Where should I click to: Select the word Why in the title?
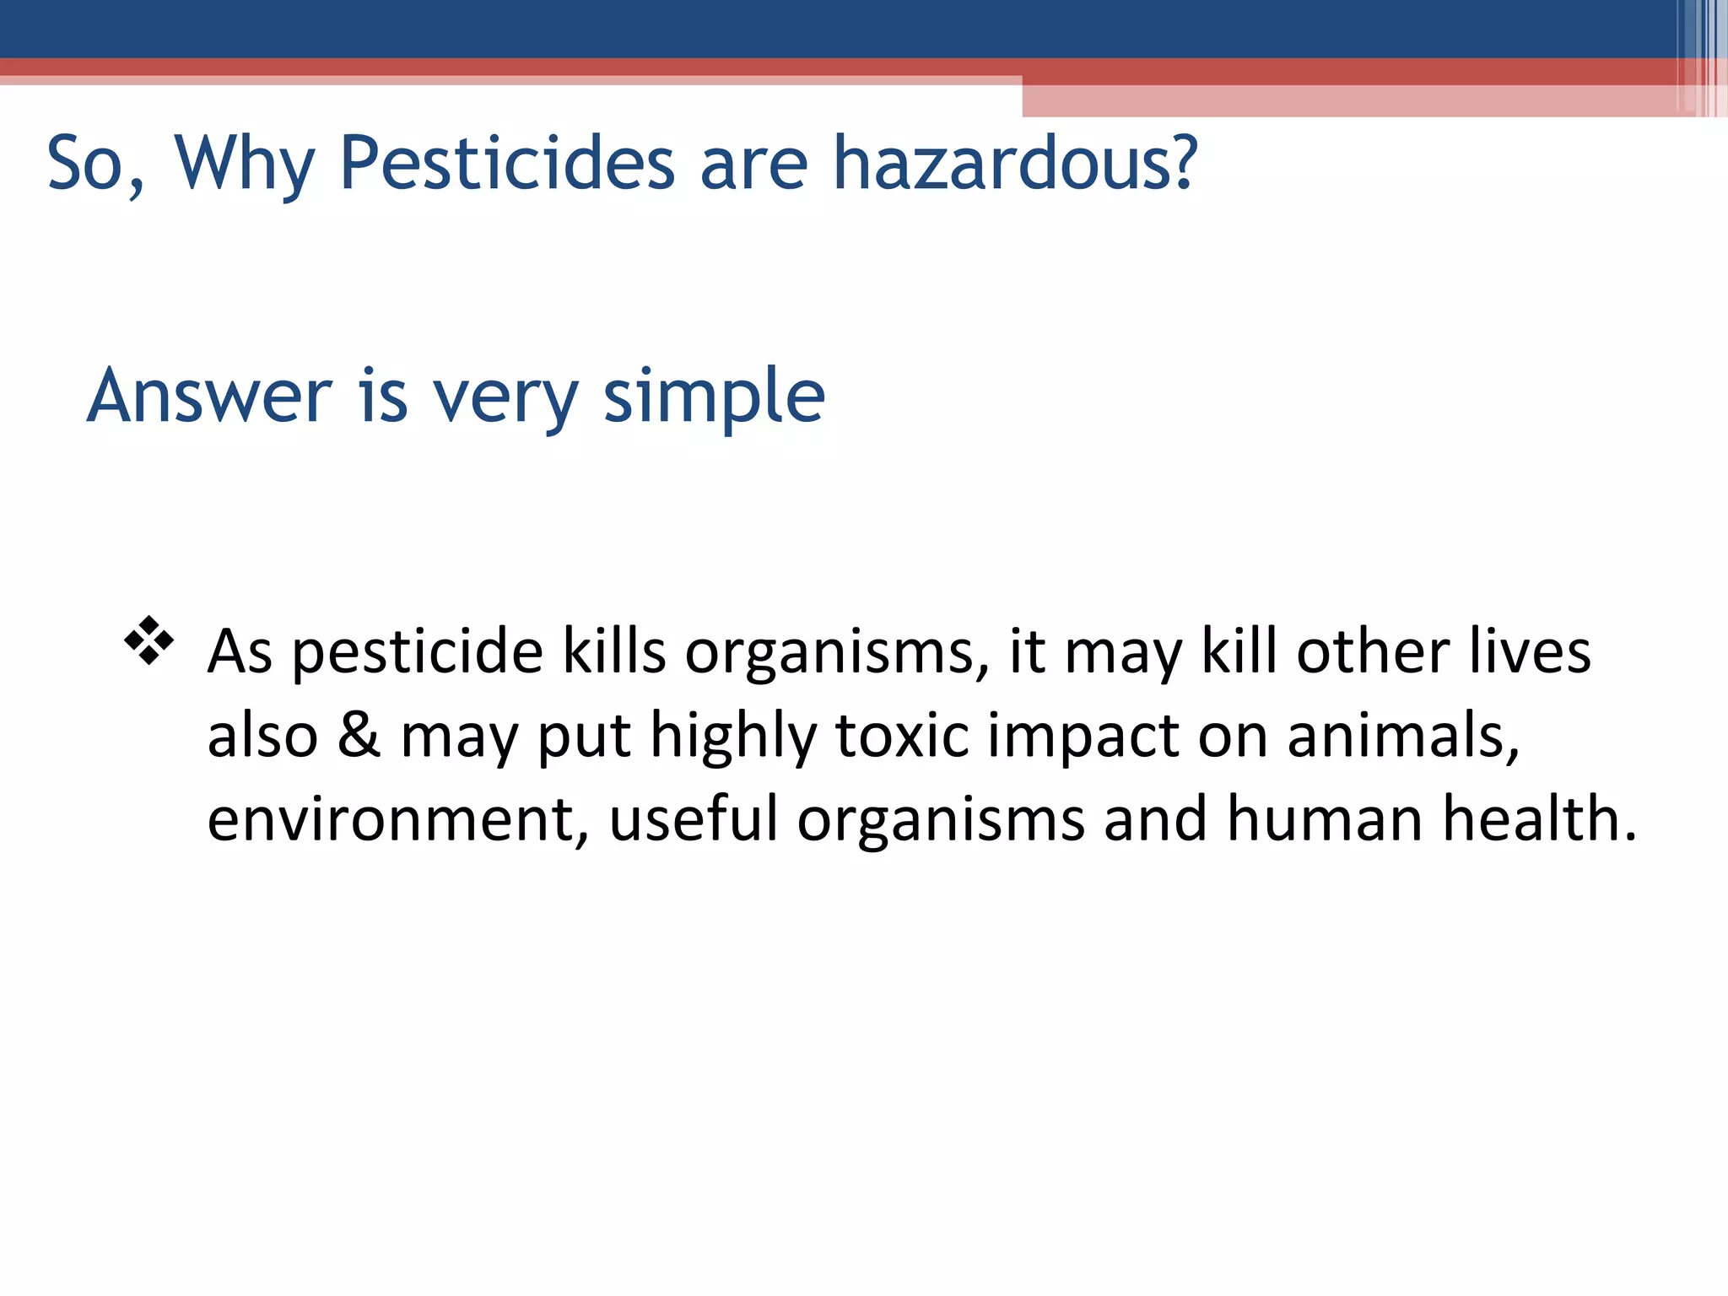(x=245, y=165)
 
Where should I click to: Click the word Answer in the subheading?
(x=210, y=396)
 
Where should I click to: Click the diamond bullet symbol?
(x=149, y=640)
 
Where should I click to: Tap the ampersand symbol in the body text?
(x=359, y=734)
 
